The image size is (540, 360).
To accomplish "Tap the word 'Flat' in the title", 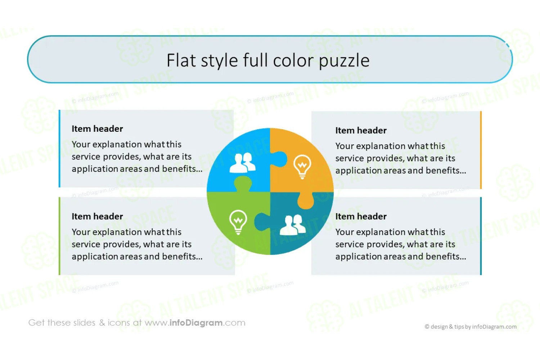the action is tap(181, 60).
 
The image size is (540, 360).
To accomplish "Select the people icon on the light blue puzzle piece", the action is tap(242, 163).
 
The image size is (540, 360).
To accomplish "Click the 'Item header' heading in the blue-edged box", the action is tap(97, 129).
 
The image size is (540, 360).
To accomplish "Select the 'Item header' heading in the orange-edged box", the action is tap(361, 130).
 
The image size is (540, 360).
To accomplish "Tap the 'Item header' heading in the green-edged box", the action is tap(97, 216).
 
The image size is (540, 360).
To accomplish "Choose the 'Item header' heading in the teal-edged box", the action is tap(361, 216).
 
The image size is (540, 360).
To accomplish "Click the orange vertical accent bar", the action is tap(481, 150).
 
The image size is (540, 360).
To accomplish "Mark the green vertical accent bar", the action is tap(59, 236).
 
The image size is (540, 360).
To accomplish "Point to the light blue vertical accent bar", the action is tap(59, 149).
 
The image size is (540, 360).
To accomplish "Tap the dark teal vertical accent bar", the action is tap(481, 236).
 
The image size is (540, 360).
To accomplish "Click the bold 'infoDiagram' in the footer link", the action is tap(196, 323).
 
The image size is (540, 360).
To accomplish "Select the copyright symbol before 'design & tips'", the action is tap(427, 327).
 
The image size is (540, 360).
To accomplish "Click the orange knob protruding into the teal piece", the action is tap(305, 200).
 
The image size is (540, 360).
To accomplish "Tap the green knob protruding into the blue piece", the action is tap(243, 184).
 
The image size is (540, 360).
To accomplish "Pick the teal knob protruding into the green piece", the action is tap(262, 222).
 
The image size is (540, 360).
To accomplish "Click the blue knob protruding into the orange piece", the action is tap(279, 159).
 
